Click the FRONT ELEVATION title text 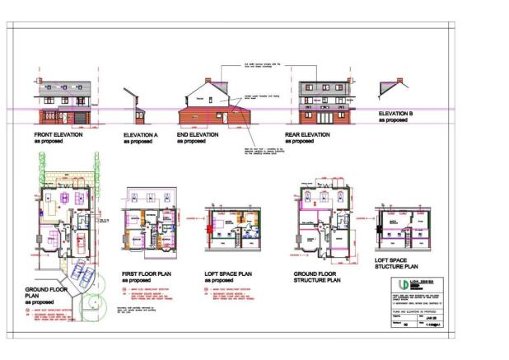click(x=58, y=134)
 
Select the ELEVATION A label click(x=140, y=134)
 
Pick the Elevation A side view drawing click(x=134, y=107)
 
